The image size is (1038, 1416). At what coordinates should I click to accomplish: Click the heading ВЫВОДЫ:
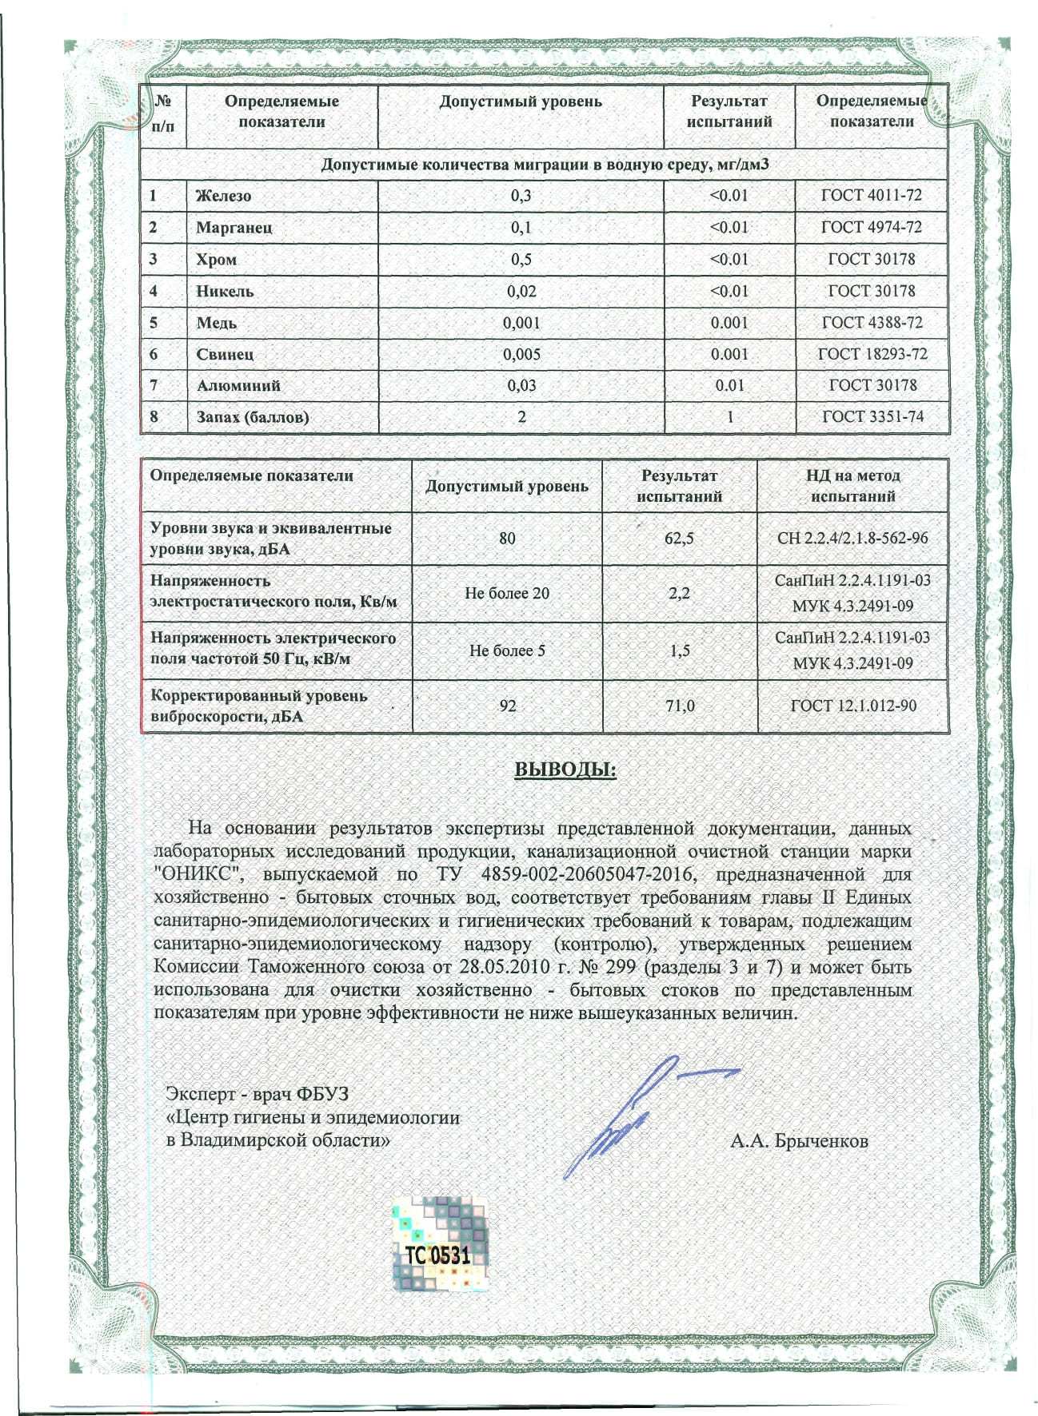click(565, 769)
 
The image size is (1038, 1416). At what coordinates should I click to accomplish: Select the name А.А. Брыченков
click(799, 1140)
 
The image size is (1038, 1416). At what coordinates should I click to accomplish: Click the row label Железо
click(224, 196)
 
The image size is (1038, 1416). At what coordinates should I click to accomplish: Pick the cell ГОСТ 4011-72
click(872, 196)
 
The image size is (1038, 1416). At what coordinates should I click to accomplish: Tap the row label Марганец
click(234, 228)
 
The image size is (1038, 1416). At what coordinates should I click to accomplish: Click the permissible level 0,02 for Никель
click(521, 291)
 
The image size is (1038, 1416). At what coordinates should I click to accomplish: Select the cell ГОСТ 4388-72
click(872, 323)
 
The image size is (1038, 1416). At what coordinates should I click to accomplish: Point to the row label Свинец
click(226, 354)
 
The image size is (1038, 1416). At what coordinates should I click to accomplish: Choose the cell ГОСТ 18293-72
click(872, 354)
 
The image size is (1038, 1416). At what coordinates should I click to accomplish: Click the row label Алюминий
click(238, 385)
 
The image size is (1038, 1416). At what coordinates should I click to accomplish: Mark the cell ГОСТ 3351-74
click(872, 416)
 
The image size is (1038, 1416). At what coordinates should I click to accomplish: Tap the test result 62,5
click(679, 539)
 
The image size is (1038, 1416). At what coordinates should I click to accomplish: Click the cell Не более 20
click(507, 594)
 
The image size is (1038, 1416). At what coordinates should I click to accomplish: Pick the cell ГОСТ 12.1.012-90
click(853, 706)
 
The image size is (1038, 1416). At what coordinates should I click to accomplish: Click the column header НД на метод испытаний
click(852, 486)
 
